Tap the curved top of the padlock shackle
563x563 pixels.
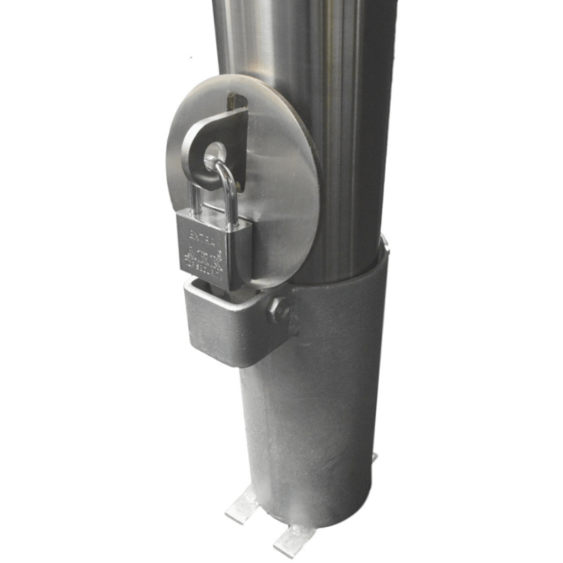click(x=217, y=164)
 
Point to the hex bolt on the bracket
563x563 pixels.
click(x=279, y=311)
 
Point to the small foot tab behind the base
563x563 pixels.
click(x=374, y=458)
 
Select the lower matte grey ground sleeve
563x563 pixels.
click(x=314, y=407)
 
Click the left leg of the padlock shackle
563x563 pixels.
click(x=196, y=196)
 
